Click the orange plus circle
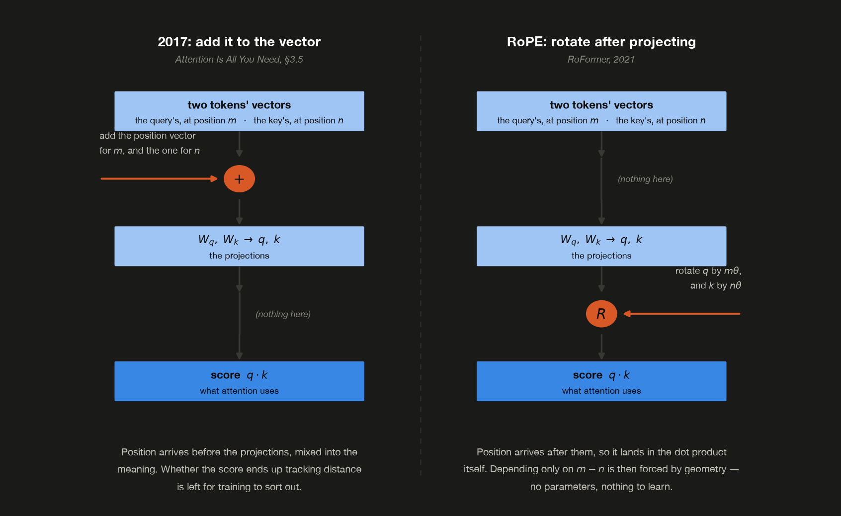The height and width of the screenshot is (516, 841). [239, 179]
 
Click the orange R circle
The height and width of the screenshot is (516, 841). [601, 314]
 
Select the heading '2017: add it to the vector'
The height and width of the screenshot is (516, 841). [239, 42]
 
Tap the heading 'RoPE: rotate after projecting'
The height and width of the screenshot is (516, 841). [601, 42]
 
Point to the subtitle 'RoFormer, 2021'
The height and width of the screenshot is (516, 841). [601, 59]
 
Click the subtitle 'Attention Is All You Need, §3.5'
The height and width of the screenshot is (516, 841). [239, 59]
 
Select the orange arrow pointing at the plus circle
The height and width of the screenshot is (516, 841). [159, 179]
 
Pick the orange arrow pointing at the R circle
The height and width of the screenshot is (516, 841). [682, 314]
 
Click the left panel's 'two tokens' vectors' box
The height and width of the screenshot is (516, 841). [239, 111]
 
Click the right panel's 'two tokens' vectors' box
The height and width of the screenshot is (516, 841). [601, 111]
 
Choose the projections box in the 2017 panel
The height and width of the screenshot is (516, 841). [239, 246]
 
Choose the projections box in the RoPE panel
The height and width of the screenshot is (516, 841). [601, 246]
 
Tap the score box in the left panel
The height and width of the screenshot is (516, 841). [239, 381]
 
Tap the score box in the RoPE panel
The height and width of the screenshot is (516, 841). [601, 381]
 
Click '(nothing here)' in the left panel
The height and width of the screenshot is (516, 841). [283, 314]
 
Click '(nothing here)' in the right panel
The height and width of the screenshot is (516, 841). [645, 179]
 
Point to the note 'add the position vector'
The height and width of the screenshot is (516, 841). [148, 136]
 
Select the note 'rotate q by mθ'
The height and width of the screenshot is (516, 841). [708, 271]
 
